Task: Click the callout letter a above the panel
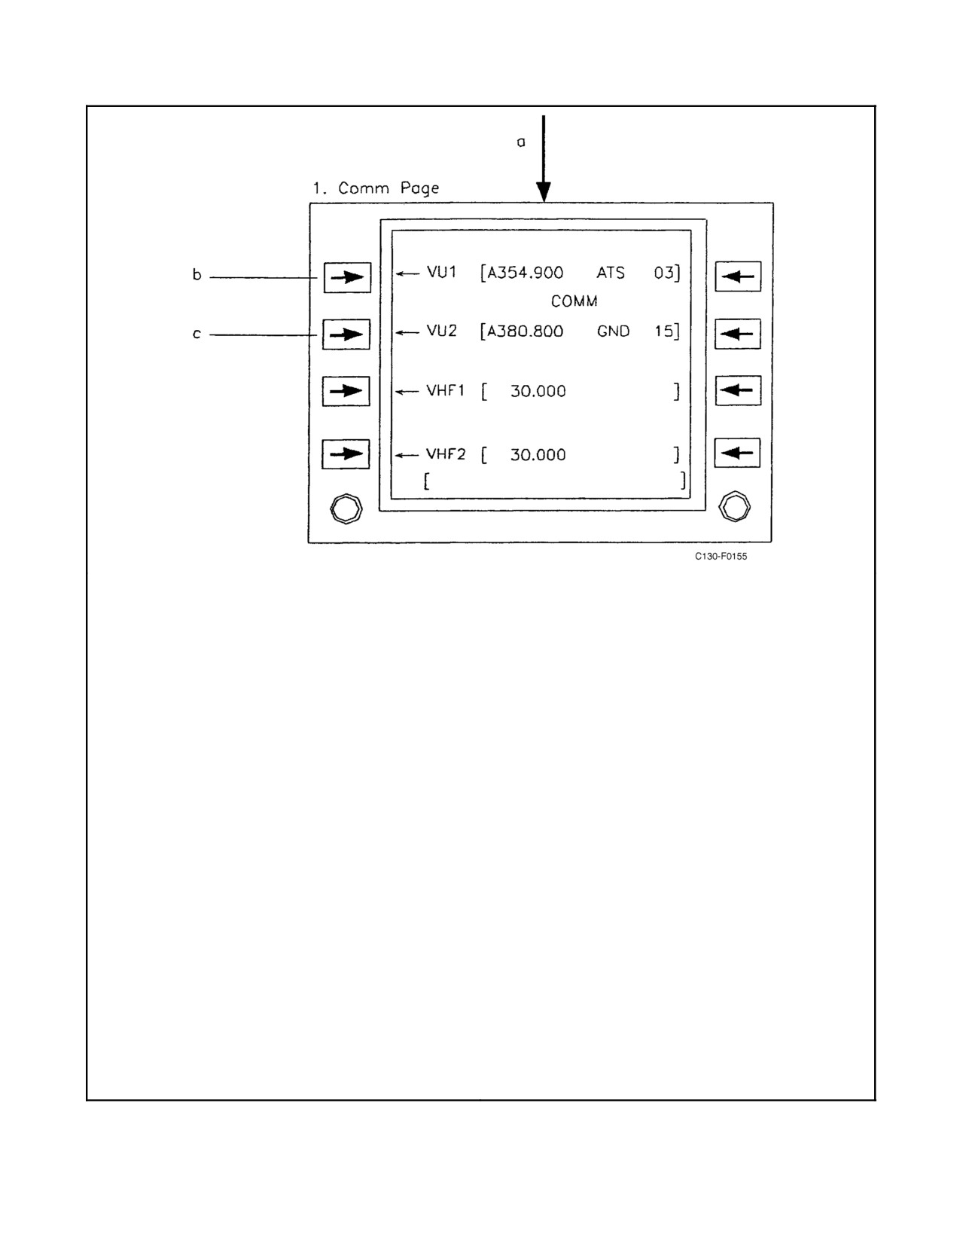click(521, 142)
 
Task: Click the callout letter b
click(197, 274)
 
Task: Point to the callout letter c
click(197, 334)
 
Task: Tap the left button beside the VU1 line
click(347, 277)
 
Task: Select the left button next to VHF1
click(346, 391)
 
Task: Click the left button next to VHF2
click(346, 454)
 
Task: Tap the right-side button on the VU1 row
click(738, 277)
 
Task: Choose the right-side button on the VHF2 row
click(738, 453)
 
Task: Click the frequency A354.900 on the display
click(525, 273)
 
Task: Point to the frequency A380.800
click(525, 331)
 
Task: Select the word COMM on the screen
click(574, 301)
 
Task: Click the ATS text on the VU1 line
click(611, 273)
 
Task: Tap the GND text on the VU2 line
click(613, 331)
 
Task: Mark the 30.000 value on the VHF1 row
click(538, 391)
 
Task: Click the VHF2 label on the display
click(446, 454)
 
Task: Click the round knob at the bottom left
click(346, 508)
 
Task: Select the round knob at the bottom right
click(734, 506)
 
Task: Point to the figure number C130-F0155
click(721, 557)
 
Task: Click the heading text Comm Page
click(389, 188)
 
